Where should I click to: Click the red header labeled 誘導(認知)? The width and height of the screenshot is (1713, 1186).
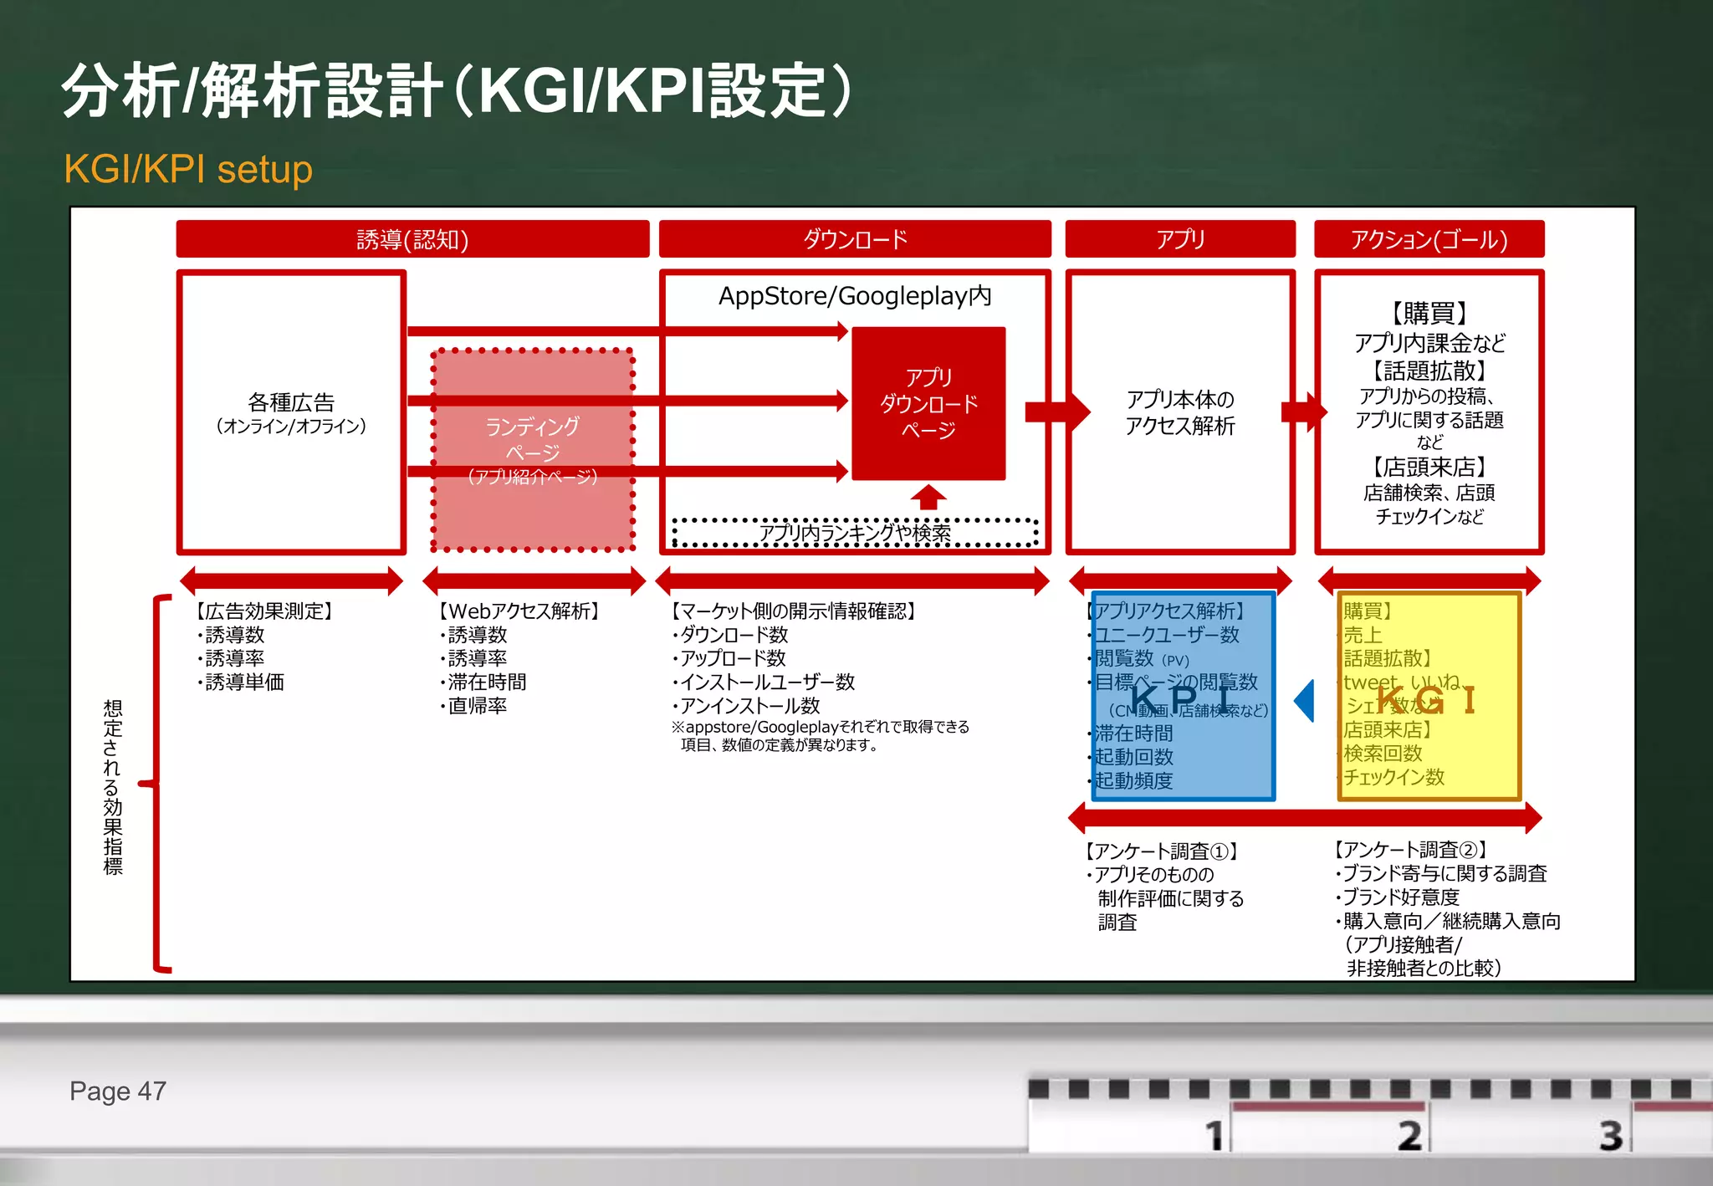coord(412,239)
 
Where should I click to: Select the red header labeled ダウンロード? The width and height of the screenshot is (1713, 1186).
coord(855,239)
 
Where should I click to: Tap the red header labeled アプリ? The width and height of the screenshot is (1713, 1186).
coord(1180,239)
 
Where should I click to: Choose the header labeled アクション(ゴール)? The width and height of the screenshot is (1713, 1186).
coord(1429,239)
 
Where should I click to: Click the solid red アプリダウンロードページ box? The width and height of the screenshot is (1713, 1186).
coord(928,403)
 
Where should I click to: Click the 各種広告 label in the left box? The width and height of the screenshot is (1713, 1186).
coord(291,403)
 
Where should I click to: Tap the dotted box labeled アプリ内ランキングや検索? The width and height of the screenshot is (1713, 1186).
coord(855,533)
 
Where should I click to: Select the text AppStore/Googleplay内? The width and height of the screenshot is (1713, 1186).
coord(855,295)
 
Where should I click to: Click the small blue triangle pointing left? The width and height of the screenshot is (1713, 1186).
coord(1305,700)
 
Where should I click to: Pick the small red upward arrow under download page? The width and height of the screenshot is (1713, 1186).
coord(928,497)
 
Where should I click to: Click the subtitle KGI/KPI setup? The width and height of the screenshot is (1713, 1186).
coord(188,169)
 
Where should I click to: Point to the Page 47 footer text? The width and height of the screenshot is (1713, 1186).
coord(118,1091)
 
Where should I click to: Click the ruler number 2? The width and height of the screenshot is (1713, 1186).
coord(1409,1135)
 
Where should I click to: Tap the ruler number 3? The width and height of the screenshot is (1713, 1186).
coord(1610,1135)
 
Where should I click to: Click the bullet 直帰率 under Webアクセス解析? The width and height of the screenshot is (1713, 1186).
coord(477,706)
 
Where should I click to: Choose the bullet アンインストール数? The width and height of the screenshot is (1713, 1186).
coord(749,706)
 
